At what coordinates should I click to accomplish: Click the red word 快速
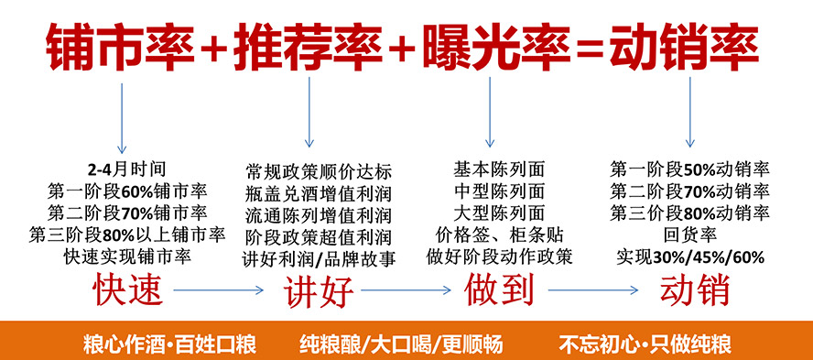[x=128, y=290]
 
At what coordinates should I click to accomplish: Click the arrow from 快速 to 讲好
[x=220, y=291]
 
